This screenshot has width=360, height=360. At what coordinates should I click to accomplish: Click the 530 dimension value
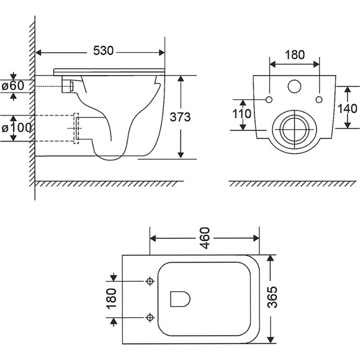pyautogui.click(x=103, y=50)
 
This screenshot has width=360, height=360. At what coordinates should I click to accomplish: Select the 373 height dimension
pyautogui.click(x=180, y=117)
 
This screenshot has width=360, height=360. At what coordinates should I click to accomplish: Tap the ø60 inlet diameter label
pyautogui.click(x=13, y=86)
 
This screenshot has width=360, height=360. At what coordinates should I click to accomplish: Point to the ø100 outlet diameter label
pyautogui.click(x=17, y=128)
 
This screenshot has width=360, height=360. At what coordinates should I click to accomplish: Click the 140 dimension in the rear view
pyautogui.click(x=347, y=109)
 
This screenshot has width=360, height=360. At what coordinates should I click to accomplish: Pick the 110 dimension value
pyautogui.click(x=242, y=114)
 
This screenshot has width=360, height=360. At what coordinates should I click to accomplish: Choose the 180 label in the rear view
pyautogui.click(x=295, y=55)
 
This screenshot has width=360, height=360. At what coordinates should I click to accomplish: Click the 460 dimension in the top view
pyautogui.click(x=205, y=238)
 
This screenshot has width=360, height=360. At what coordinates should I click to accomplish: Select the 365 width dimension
pyautogui.click(x=272, y=297)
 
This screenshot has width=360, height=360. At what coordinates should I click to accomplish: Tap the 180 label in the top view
pyautogui.click(x=112, y=299)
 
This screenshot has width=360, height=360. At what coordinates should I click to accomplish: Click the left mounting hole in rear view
pyautogui.click(x=269, y=100)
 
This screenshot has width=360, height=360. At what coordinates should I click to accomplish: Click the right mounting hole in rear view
pyautogui.click(x=319, y=100)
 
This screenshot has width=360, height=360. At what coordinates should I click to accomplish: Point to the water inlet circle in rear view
pyautogui.click(x=294, y=86)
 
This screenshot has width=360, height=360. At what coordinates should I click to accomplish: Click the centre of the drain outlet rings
pyautogui.click(x=294, y=130)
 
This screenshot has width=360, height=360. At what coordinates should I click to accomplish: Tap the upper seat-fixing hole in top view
pyautogui.click(x=150, y=281)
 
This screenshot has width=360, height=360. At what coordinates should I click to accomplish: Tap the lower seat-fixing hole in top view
pyautogui.click(x=150, y=318)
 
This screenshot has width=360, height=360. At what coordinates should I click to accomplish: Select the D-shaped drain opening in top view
pyautogui.click(x=180, y=299)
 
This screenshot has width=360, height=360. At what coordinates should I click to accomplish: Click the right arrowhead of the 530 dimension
pyautogui.click(x=161, y=53)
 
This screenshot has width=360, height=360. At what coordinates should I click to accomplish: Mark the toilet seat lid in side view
pyautogui.click(x=109, y=72)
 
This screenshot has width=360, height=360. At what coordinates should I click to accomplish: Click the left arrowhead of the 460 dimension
pyautogui.click(x=153, y=238)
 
